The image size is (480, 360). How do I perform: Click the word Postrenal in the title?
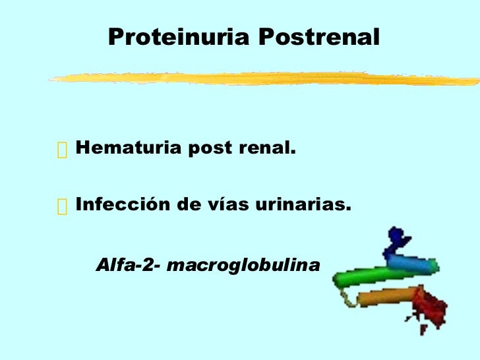click(319, 38)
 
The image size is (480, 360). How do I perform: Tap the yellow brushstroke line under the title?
click(264, 78)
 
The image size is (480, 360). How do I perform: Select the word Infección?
click(122, 205)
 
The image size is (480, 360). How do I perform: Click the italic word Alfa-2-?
click(129, 265)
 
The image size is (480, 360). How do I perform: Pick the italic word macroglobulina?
click(243, 265)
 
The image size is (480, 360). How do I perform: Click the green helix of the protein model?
click(359, 277)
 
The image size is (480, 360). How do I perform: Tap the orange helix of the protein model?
click(382, 297)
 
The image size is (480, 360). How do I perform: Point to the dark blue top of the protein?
click(396, 237)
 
